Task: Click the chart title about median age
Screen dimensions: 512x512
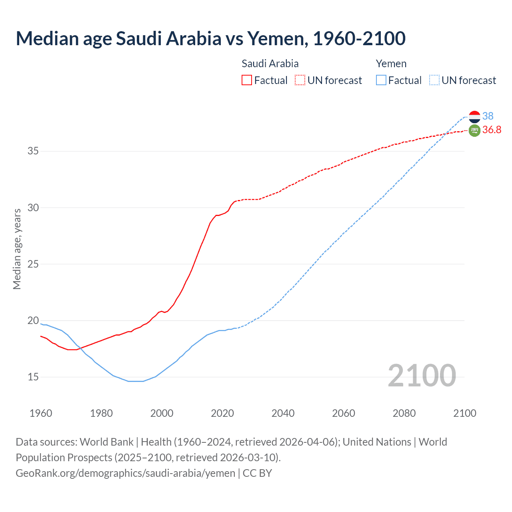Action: (x=210, y=38)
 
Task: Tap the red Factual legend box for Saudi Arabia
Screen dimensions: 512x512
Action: (x=247, y=80)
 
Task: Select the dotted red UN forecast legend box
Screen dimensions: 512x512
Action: (x=300, y=80)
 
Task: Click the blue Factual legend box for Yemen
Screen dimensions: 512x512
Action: (x=381, y=80)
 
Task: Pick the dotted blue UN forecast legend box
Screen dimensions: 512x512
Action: (x=434, y=80)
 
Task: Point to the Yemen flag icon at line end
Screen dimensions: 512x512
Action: (x=474, y=117)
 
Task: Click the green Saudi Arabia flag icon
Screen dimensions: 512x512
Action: (x=474, y=130)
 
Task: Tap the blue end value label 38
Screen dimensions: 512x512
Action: (x=488, y=116)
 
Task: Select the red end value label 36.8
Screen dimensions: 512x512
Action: (x=492, y=130)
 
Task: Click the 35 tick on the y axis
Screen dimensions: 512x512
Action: (x=33, y=151)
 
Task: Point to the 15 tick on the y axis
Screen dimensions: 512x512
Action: (x=33, y=377)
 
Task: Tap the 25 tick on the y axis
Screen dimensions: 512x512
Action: (x=33, y=264)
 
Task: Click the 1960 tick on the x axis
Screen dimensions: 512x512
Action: (x=41, y=413)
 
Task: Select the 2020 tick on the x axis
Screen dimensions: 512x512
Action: (x=222, y=413)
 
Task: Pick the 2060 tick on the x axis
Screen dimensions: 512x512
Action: (x=344, y=413)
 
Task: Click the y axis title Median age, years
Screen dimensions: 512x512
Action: (x=17, y=249)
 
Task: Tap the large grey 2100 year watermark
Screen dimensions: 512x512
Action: (x=422, y=376)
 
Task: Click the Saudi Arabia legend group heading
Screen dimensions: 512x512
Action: (x=270, y=64)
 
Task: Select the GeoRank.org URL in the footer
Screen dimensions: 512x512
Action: (x=125, y=473)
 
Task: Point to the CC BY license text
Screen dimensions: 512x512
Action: (x=257, y=473)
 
